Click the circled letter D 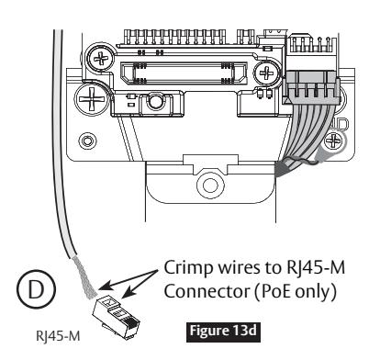click(36, 289)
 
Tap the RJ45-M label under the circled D click(58, 336)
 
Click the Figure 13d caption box click(223, 332)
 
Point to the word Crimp click(188, 268)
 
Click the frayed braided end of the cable click(84, 278)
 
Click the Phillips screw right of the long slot click(267, 73)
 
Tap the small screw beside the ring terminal click(334, 141)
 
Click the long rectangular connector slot click(184, 73)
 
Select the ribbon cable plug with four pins click(312, 87)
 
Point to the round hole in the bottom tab click(210, 186)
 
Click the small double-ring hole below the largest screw click(87, 141)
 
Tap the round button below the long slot click(155, 101)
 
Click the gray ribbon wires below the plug click(309, 135)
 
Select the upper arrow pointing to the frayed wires click(129, 279)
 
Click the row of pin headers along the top click(174, 38)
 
